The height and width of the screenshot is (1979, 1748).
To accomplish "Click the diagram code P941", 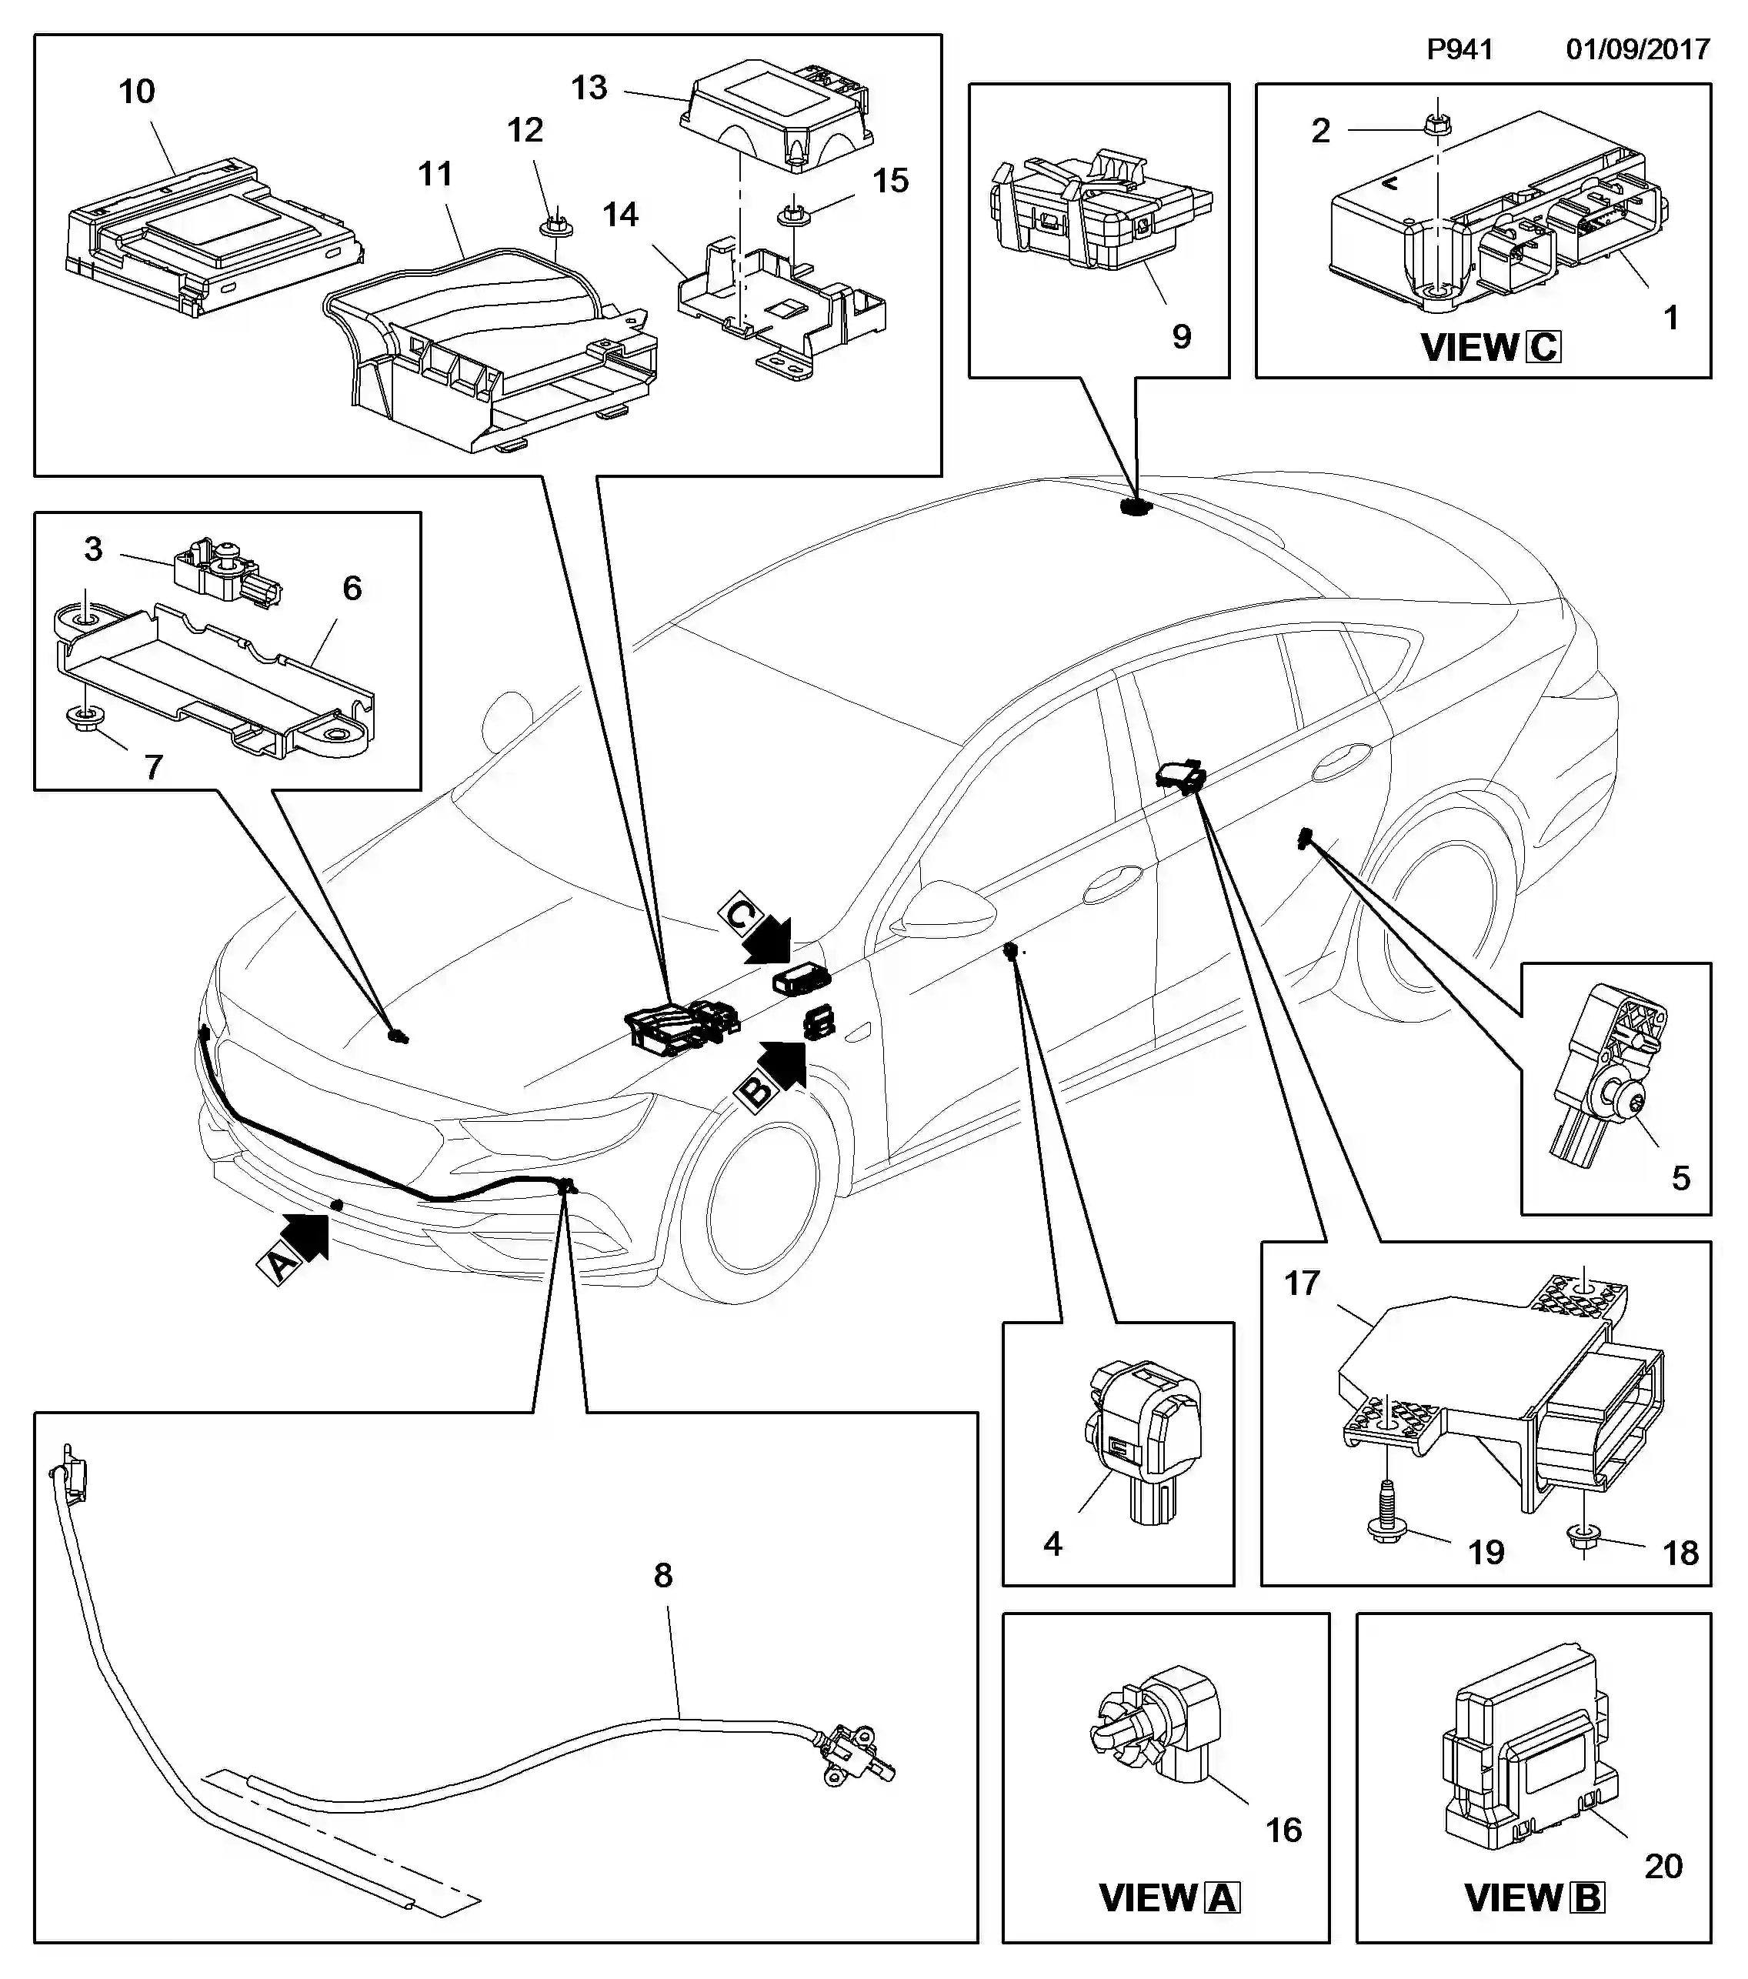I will pos(1459,49).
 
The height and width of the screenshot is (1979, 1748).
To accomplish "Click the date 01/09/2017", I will pos(1638,49).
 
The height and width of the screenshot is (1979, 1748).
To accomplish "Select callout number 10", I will pos(136,92).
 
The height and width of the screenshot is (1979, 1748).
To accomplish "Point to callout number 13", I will pos(589,88).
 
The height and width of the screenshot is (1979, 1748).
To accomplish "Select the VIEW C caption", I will pos(1489,346).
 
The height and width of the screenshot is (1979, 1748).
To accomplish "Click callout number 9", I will pos(1181,337).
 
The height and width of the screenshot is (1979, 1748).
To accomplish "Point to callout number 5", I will pos(1680,1177).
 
